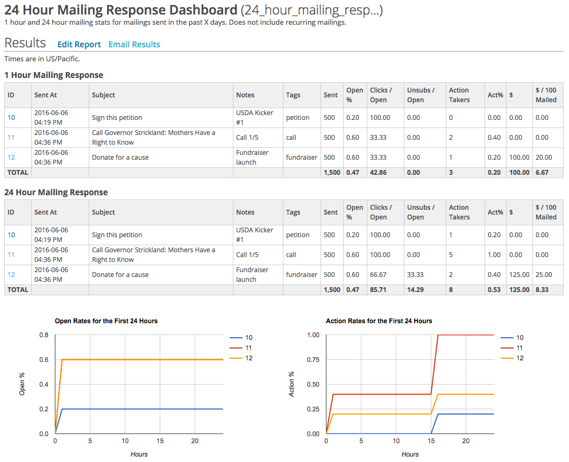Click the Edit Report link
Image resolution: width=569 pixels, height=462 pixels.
point(79,45)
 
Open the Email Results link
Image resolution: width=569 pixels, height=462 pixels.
point(134,45)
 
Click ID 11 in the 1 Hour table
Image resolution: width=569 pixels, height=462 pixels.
point(11,137)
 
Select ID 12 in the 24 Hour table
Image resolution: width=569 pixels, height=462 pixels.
point(11,274)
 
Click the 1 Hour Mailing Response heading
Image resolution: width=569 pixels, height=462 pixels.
point(54,75)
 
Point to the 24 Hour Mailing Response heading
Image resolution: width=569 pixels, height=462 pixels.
point(56,193)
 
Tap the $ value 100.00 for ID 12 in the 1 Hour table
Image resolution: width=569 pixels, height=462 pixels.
point(519,157)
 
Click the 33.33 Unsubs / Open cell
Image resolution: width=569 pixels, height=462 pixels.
point(416,274)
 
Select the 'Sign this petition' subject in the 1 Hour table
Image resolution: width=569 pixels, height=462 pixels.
point(117,117)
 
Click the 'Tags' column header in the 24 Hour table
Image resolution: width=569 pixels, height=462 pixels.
point(293,212)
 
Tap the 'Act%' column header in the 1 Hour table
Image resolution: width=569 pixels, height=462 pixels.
point(495,95)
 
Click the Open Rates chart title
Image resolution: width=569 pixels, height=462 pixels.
point(106,321)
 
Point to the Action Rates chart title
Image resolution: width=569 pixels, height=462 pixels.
point(379,321)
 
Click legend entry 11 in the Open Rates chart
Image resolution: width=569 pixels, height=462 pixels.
point(248,348)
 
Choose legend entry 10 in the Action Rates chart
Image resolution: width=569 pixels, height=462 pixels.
point(520,338)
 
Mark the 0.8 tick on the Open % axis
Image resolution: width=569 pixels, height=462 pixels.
point(44,335)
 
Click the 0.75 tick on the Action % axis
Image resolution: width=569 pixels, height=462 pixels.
point(312,360)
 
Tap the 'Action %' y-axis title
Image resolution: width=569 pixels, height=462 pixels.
point(292,384)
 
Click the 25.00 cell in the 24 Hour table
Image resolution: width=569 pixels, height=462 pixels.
point(544,274)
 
